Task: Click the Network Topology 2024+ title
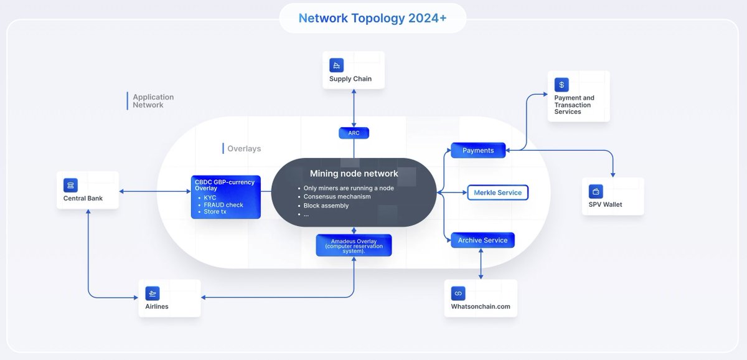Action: [x=372, y=18]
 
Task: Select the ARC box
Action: [x=354, y=133]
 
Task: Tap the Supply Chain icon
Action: [x=337, y=65]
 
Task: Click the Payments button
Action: [x=478, y=150]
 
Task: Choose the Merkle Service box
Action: [x=497, y=192]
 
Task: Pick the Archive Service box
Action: [x=482, y=240]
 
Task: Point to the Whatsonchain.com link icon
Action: [x=458, y=293]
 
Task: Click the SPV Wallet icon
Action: [x=596, y=191]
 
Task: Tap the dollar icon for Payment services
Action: [x=562, y=85]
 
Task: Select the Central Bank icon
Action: [x=70, y=185]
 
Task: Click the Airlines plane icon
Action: [x=152, y=293]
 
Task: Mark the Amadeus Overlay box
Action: [x=354, y=245]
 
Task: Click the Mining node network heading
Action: [x=354, y=174]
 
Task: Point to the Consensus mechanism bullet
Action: [x=337, y=197]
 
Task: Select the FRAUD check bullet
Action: [x=223, y=205]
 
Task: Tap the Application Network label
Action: [x=153, y=101]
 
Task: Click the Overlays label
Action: [x=244, y=149]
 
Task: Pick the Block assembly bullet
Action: [x=326, y=206]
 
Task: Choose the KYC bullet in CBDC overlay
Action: [x=210, y=197]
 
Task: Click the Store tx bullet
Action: [x=215, y=212]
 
